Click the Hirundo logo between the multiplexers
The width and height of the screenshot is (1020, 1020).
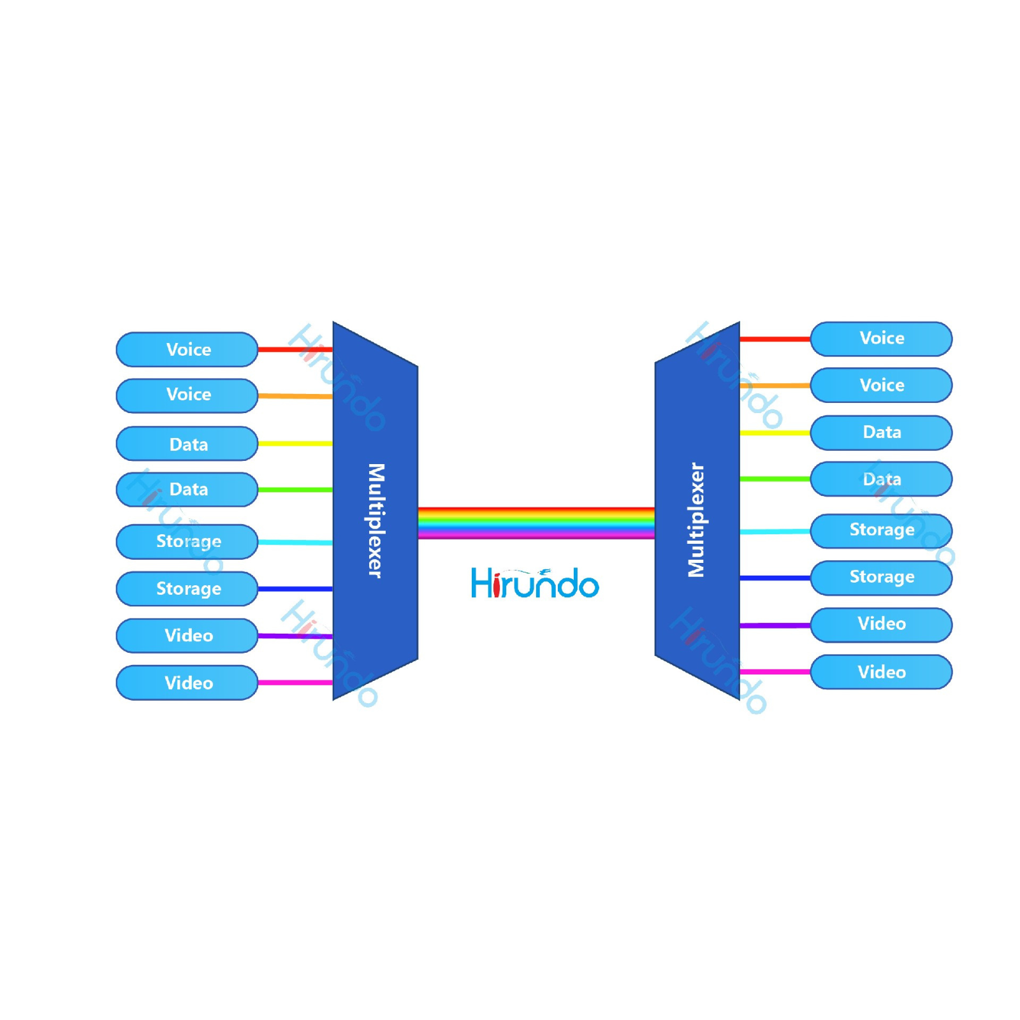click(x=534, y=583)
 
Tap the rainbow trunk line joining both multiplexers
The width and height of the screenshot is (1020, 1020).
click(x=535, y=523)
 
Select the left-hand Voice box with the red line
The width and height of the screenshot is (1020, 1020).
click(x=187, y=349)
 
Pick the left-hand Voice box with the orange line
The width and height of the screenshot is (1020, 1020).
click(x=187, y=395)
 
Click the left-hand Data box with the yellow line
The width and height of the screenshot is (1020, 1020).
click(x=187, y=444)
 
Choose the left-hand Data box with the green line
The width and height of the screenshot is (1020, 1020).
click(x=187, y=490)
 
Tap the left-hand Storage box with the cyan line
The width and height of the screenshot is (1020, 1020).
click(x=187, y=541)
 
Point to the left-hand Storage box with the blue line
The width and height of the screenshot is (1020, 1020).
click(x=187, y=588)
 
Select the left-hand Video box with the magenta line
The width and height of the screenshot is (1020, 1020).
click(x=187, y=683)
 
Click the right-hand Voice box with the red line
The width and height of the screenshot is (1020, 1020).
click(x=881, y=339)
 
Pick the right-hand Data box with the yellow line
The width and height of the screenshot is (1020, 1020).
click(x=881, y=432)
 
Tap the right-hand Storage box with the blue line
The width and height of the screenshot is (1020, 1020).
click(x=881, y=577)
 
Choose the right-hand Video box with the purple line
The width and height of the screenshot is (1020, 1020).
click(x=881, y=624)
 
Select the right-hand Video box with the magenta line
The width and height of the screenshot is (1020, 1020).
click(x=881, y=672)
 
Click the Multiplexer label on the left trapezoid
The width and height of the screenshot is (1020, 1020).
click(x=376, y=520)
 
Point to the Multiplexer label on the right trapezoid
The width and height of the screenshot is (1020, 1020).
click(x=696, y=520)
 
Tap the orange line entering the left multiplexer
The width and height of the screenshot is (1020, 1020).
click(x=295, y=396)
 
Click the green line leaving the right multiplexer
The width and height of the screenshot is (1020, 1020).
click(x=775, y=478)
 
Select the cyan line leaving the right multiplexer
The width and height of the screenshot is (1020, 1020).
click(x=775, y=531)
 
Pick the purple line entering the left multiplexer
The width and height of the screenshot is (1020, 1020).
click(x=295, y=636)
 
